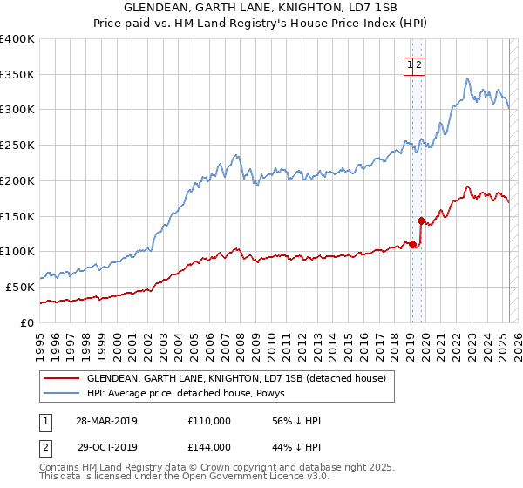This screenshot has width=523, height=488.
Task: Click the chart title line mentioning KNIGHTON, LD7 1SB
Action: tap(261, 8)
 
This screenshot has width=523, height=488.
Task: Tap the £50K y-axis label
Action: tap(20, 286)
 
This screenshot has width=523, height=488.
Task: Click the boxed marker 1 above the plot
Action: tap(408, 64)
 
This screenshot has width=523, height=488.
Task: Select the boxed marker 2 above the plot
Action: tap(418, 64)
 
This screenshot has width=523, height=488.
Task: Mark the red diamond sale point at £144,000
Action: tap(421, 220)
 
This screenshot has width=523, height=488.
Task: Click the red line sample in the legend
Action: tap(61, 379)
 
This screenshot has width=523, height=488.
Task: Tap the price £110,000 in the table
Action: tap(209, 421)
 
